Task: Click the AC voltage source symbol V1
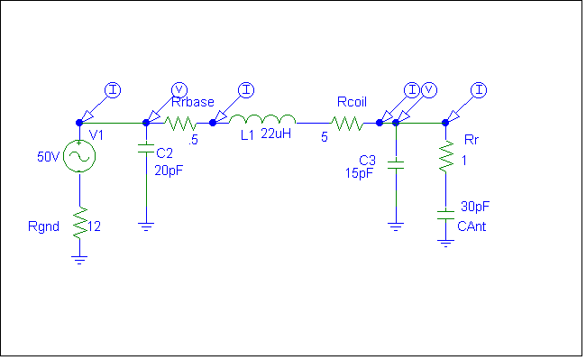click(x=79, y=157)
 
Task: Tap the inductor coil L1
click(x=262, y=121)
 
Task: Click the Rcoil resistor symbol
click(x=348, y=122)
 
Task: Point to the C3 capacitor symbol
click(x=395, y=166)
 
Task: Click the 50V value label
click(x=48, y=156)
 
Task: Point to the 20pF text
click(x=169, y=170)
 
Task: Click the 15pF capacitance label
click(x=359, y=173)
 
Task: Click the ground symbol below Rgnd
click(x=79, y=259)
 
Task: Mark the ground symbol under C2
click(x=145, y=226)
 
